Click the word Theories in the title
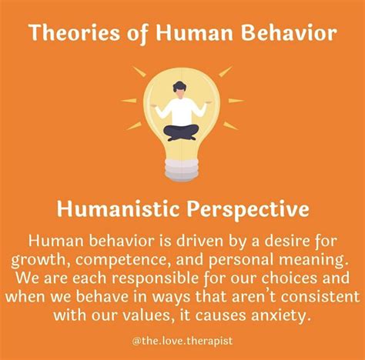coord(75,33)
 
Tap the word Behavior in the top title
coord(289,32)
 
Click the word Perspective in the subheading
coord(248,210)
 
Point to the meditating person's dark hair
coord(179,87)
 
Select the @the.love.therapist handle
coord(182,341)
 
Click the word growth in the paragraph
coord(39,261)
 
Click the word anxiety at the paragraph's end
coord(279,315)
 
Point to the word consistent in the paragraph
coord(320,297)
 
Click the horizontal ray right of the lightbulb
coord(236,101)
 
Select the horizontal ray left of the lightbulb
coord(129,101)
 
